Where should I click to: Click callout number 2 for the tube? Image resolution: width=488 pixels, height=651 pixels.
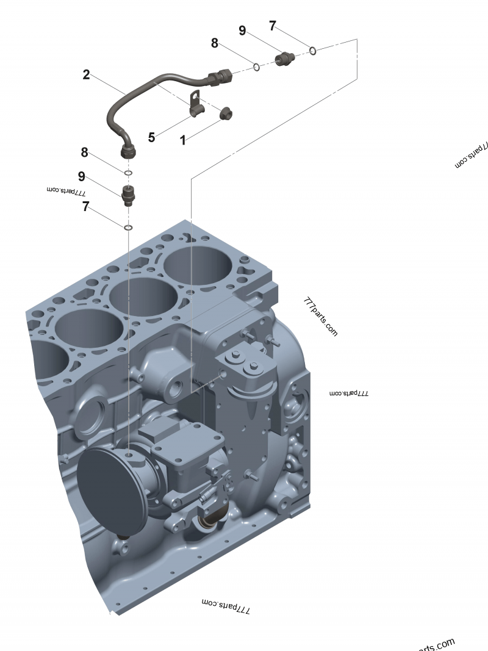point(86,75)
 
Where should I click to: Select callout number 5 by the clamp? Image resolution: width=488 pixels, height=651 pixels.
point(151,137)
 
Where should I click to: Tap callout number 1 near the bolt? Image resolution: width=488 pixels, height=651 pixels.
point(182,140)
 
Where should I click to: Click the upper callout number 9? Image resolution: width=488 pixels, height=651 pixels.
point(242,31)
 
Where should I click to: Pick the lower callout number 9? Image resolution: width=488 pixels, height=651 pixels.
point(81,177)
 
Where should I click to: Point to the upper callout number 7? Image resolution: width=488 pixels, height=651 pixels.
point(273,26)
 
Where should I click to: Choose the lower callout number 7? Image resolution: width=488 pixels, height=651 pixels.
point(86,207)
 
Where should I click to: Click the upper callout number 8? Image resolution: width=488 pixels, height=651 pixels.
point(215,43)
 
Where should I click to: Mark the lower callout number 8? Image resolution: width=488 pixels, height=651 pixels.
point(85,152)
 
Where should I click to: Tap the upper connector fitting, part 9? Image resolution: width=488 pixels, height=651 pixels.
point(285,59)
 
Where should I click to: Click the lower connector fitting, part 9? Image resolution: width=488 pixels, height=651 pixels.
point(128,195)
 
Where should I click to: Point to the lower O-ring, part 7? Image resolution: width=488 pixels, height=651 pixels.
point(128,228)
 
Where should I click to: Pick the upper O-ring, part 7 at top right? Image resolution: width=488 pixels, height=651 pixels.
point(312,50)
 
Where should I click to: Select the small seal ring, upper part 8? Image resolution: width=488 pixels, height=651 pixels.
point(257,66)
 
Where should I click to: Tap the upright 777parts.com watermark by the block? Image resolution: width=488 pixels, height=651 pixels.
point(320,317)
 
